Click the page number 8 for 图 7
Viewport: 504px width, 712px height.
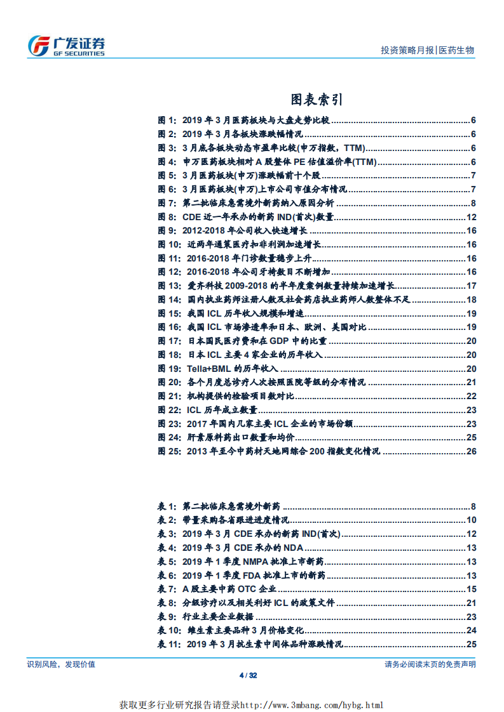[x=473, y=202]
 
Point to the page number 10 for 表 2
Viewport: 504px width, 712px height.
[x=471, y=520]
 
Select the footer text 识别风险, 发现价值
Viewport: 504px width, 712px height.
[x=61, y=664]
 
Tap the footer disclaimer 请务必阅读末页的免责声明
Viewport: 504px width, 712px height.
[x=430, y=664]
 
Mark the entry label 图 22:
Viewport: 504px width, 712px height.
[x=170, y=409]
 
